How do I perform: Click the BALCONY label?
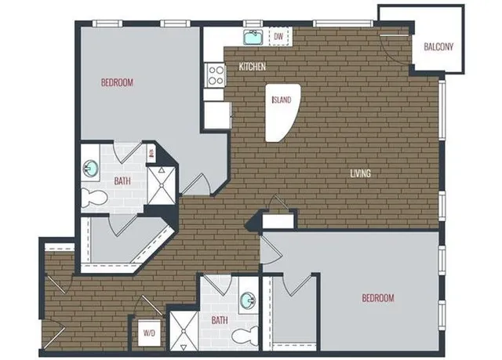pos(438,47)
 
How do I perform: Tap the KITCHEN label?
pos(253,67)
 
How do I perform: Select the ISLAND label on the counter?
pos(282,100)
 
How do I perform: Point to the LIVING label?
pos(361,173)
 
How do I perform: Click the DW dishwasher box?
pos(279,36)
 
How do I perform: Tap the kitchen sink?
pos(253,37)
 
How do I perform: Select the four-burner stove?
pos(216,75)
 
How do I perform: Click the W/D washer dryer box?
pos(149,333)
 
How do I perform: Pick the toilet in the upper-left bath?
pos(94,198)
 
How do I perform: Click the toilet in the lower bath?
pos(245,336)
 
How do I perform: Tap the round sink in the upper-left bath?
pos(91,168)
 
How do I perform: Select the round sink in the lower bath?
pos(248,300)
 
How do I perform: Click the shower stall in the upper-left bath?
pos(162,185)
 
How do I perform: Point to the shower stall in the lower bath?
pos(184,331)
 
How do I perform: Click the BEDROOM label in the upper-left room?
pos(117,82)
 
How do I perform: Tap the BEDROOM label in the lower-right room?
pos(378,298)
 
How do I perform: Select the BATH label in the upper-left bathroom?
pos(122,181)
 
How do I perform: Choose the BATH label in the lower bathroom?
pos(220,320)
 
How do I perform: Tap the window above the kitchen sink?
pos(253,24)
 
